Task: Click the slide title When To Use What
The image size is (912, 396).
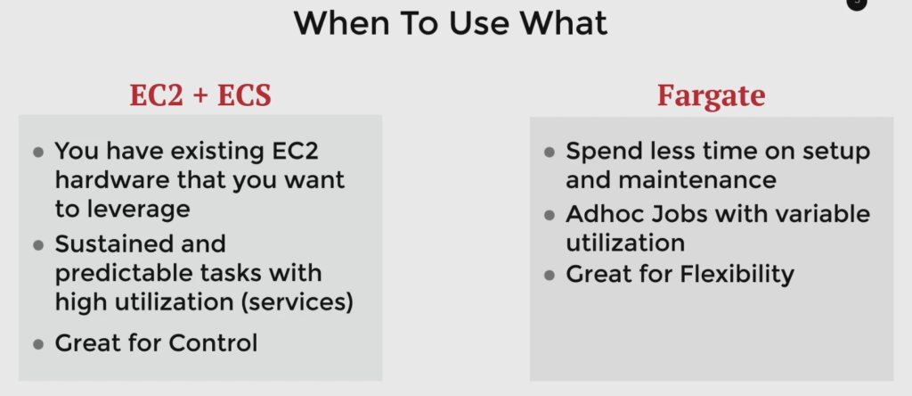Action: tap(451, 23)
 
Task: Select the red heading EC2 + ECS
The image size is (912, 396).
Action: tap(200, 95)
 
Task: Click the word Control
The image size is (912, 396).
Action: tap(213, 343)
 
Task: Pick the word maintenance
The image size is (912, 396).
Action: tap(696, 180)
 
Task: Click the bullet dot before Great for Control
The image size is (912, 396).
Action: tap(38, 344)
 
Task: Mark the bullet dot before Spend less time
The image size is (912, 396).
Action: tap(549, 153)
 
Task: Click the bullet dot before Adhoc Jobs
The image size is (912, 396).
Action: tap(549, 216)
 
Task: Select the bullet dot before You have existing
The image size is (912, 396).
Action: tap(38, 153)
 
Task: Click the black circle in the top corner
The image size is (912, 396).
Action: tap(856, 3)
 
